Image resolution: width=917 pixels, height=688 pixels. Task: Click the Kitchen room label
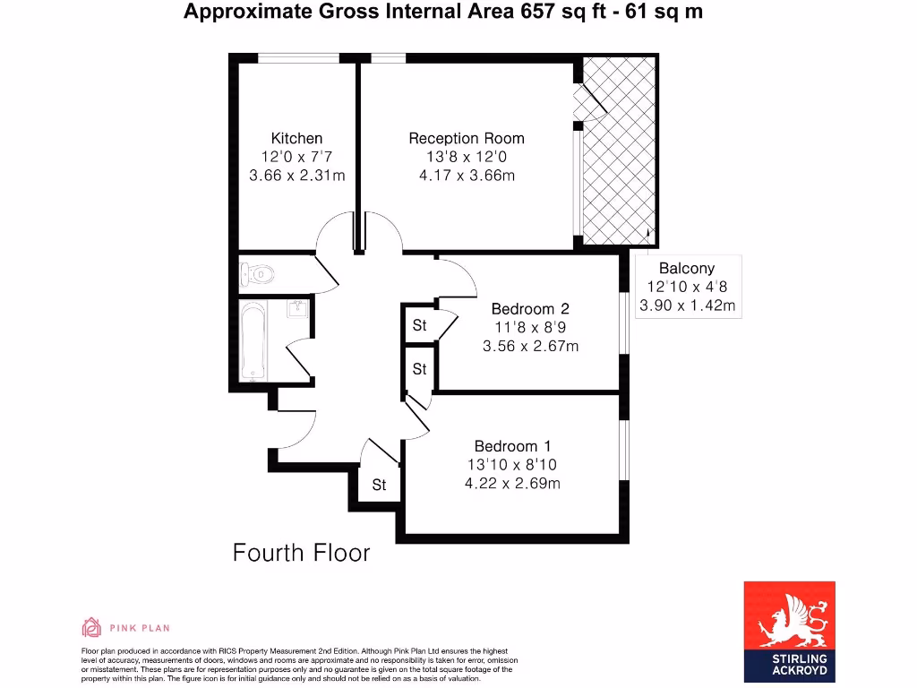[x=296, y=138]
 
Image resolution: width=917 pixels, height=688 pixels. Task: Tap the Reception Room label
[x=467, y=138]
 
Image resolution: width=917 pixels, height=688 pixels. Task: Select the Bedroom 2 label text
[x=530, y=309]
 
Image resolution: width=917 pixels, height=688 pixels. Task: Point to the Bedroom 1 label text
[x=513, y=446]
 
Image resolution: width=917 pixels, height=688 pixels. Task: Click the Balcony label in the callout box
[x=687, y=268]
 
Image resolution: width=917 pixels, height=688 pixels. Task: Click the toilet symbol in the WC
[x=259, y=274]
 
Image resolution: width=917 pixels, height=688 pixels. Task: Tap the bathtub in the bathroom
[x=253, y=341]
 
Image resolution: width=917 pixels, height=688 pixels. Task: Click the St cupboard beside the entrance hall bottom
[x=379, y=485]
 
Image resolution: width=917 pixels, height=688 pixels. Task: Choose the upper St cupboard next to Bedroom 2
[x=419, y=325]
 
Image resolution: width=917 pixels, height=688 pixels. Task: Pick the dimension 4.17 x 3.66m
[x=467, y=176]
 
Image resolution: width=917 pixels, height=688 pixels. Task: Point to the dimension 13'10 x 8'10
[x=513, y=465]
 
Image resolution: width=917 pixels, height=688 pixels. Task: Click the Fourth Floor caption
[x=301, y=553]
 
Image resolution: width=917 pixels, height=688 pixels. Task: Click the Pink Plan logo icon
[x=91, y=627]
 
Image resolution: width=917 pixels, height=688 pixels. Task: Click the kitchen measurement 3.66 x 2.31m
[x=296, y=176]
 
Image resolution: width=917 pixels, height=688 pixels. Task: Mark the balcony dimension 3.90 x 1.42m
[x=687, y=305]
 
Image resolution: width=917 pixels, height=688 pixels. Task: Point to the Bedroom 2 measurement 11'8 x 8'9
[x=530, y=328]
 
